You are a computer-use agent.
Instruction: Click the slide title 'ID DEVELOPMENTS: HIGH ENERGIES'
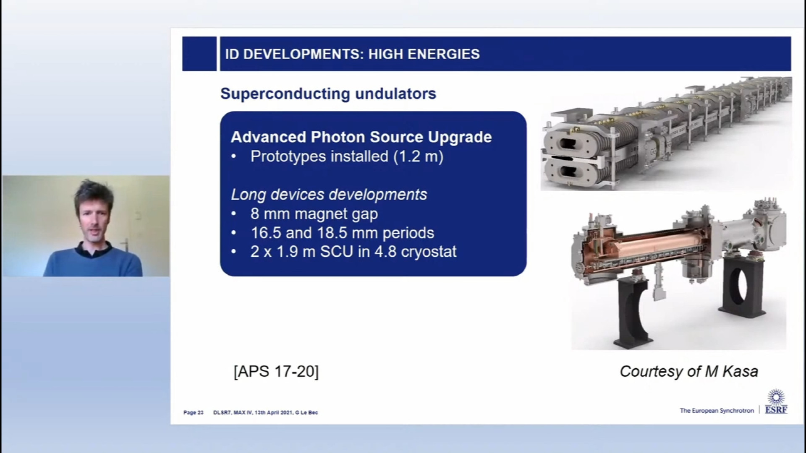point(352,54)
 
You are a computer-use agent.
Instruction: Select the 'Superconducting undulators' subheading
point(328,94)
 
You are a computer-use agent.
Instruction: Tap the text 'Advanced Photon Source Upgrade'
point(361,137)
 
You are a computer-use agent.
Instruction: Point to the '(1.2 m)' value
point(418,156)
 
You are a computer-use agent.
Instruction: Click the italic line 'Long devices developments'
point(329,195)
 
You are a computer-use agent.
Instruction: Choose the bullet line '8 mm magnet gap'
point(314,214)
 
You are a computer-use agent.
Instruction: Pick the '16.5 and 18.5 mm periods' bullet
point(342,233)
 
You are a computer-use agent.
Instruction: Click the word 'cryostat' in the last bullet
point(428,252)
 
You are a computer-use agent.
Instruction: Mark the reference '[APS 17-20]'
point(276,372)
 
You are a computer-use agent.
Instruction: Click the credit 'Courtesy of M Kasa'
point(689,372)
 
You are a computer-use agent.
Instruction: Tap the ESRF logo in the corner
point(776,401)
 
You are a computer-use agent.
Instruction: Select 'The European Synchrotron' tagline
point(717,411)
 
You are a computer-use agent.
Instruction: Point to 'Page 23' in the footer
point(194,413)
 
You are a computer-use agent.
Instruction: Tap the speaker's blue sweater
point(93,262)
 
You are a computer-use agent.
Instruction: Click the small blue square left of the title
point(199,54)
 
